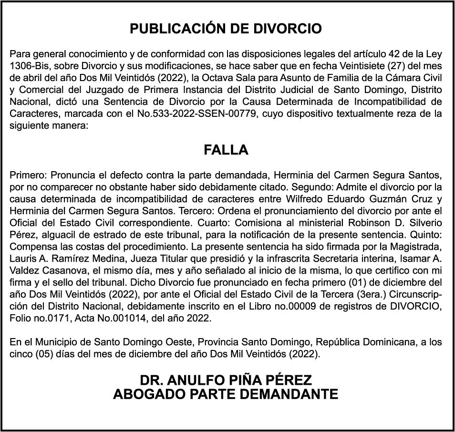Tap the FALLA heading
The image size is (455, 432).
226,150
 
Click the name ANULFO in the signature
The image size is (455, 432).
204,381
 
